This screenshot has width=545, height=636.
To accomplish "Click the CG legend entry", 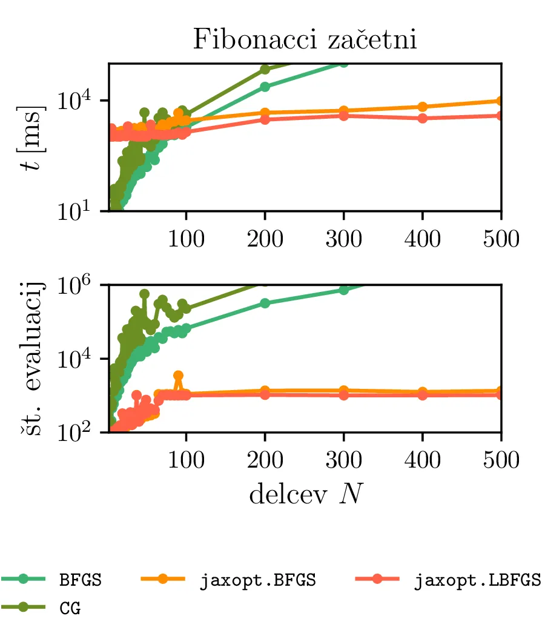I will (x=70, y=608).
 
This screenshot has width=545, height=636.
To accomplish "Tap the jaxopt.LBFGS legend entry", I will (x=477, y=579).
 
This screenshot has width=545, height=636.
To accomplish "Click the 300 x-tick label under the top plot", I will (x=343, y=239).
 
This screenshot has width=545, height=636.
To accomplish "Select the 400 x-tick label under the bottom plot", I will (x=422, y=460).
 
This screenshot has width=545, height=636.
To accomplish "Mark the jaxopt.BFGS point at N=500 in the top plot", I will (x=501, y=101).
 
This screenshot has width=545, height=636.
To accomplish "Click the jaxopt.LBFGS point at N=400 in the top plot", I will (x=422, y=118).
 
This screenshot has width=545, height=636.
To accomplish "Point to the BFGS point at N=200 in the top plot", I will (x=265, y=87).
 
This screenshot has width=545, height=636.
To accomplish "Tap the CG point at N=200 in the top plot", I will (x=265, y=68).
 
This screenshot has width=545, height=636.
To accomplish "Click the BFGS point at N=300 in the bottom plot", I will (x=343, y=290).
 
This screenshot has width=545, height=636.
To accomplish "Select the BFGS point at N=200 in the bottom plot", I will (x=265, y=303).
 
